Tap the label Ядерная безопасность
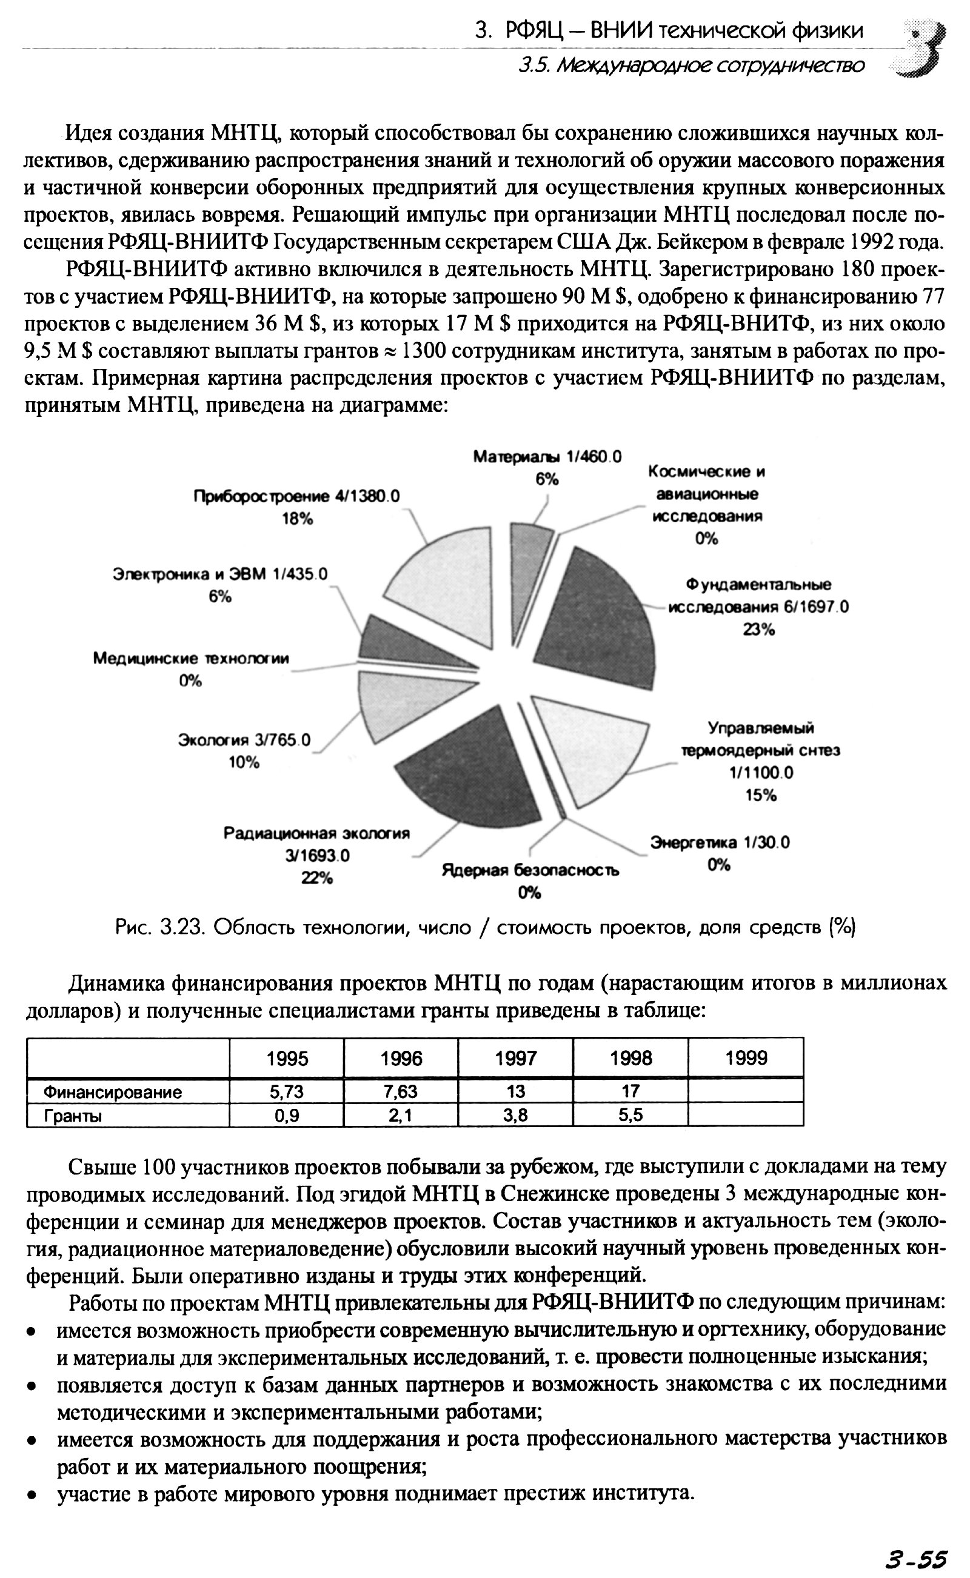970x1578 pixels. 530,870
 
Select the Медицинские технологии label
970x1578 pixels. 191,659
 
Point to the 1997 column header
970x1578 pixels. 515,1057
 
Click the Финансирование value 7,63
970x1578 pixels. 401,1091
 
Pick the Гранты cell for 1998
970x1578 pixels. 630,1116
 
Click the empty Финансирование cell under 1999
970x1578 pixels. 746,1091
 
